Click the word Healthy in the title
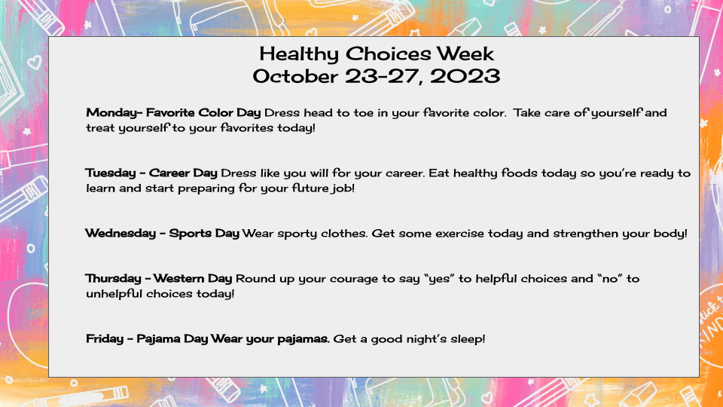click(299, 55)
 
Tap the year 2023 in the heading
click(465, 76)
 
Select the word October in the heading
click(295, 76)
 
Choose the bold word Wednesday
click(120, 234)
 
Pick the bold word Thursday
click(113, 279)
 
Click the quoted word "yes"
click(439, 279)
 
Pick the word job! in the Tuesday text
click(343, 188)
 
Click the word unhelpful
click(114, 294)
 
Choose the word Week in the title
click(465, 54)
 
